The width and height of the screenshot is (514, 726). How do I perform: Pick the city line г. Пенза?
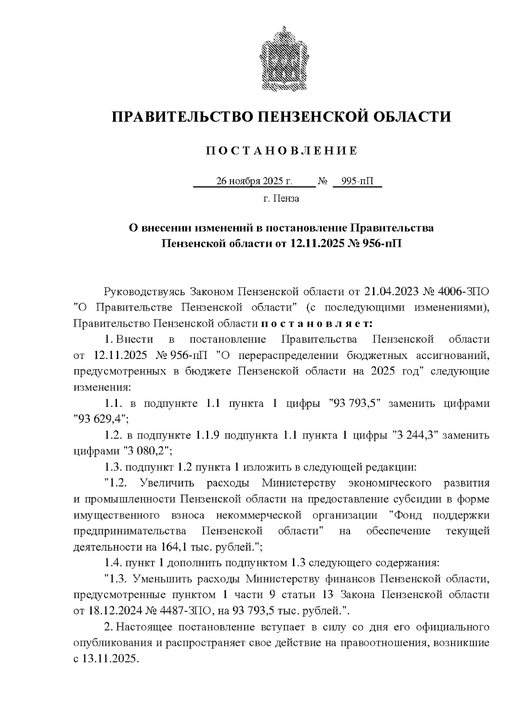[x=281, y=199]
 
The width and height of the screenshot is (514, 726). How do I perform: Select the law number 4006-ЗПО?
[x=464, y=292]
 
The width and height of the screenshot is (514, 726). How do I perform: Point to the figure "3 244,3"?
[x=415, y=436]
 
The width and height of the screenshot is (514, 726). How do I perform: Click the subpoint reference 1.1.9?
[x=208, y=436]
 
